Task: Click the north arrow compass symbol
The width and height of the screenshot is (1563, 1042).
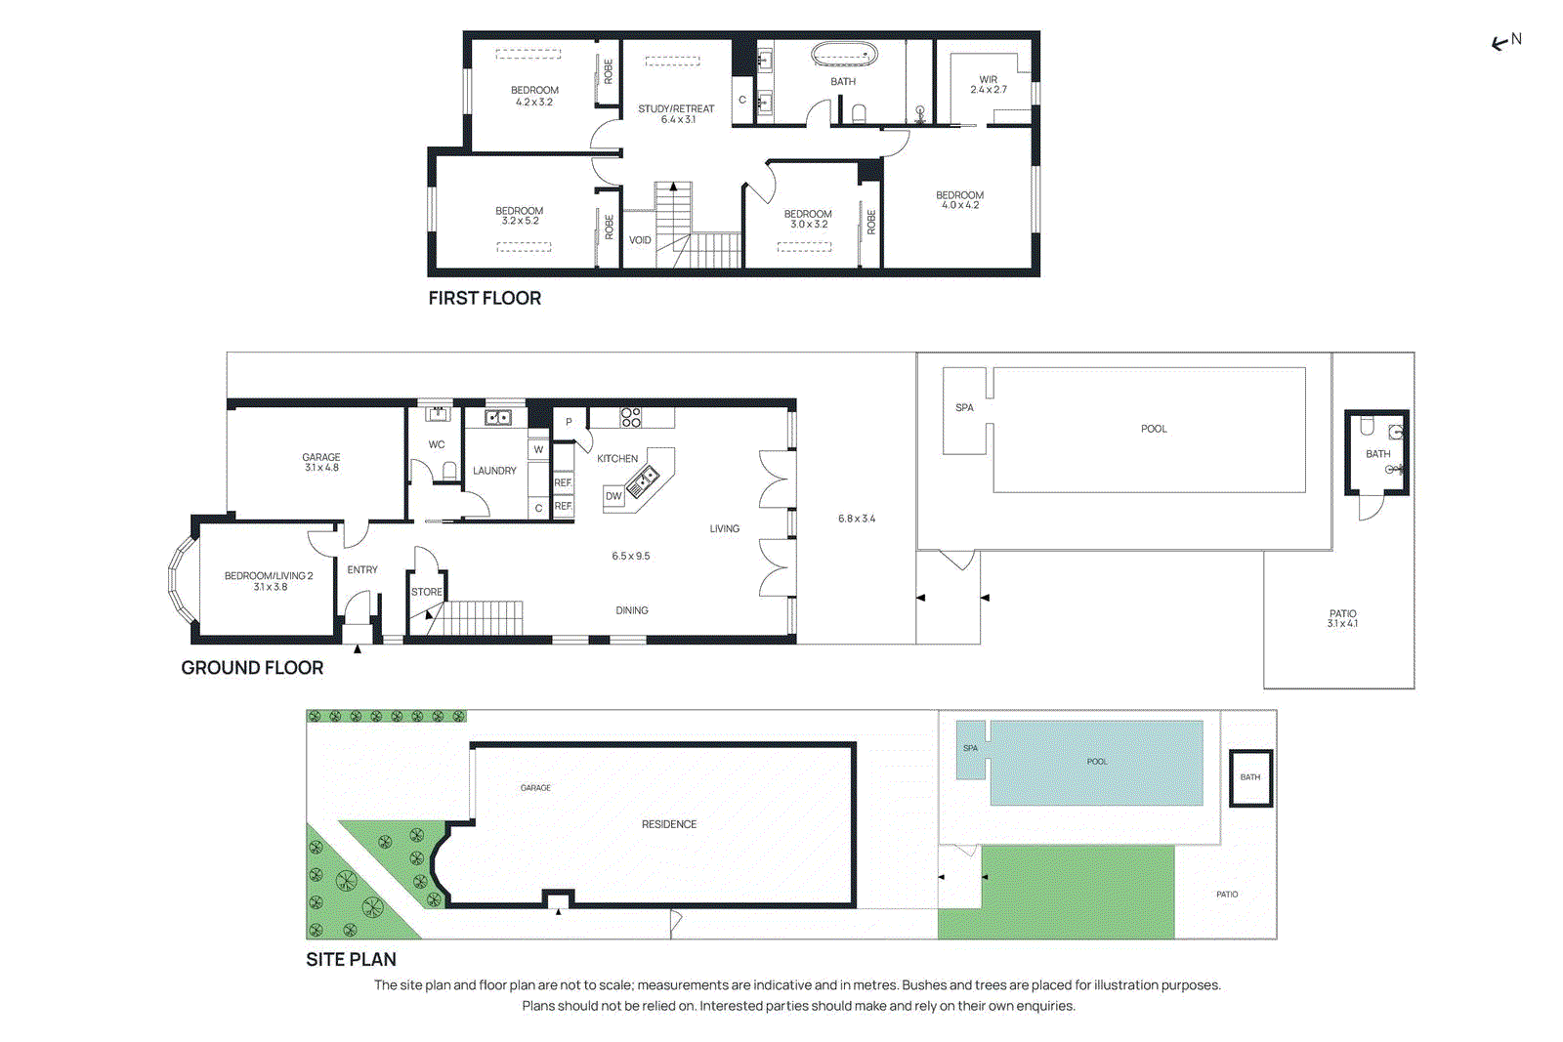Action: click(1505, 41)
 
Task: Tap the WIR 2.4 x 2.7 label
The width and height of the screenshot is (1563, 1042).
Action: click(988, 85)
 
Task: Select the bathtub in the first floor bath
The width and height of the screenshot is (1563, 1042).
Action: click(844, 55)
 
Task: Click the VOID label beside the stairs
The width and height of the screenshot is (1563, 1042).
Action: click(640, 240)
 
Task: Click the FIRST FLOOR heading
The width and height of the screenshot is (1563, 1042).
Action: click(485, 299)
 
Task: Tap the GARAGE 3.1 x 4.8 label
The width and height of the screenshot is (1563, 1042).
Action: click(320, 462)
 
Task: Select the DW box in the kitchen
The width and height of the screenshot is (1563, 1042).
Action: click(613, 496)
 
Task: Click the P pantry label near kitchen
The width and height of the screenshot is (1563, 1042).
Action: click(569, 423)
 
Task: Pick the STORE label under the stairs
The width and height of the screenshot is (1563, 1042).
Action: click(426, 592)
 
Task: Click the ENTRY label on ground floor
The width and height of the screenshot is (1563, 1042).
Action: click(362, 569)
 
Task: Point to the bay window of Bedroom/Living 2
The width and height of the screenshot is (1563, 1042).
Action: click(181, 580)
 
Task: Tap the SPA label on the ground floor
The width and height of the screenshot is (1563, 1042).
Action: click(964, 407)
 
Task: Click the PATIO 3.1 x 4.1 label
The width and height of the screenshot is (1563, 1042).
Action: click(1342, 618)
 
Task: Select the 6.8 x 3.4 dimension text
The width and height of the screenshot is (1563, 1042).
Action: click(857, 519)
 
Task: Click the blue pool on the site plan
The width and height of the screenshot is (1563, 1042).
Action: click(1096, 763)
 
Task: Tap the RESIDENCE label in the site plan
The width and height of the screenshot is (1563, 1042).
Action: click(669, 824)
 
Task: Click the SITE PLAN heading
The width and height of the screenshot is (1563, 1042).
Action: click(351, 960)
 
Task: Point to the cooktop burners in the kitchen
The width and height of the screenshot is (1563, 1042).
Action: click(631, 418)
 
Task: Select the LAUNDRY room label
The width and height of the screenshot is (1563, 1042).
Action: click(494, 471)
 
